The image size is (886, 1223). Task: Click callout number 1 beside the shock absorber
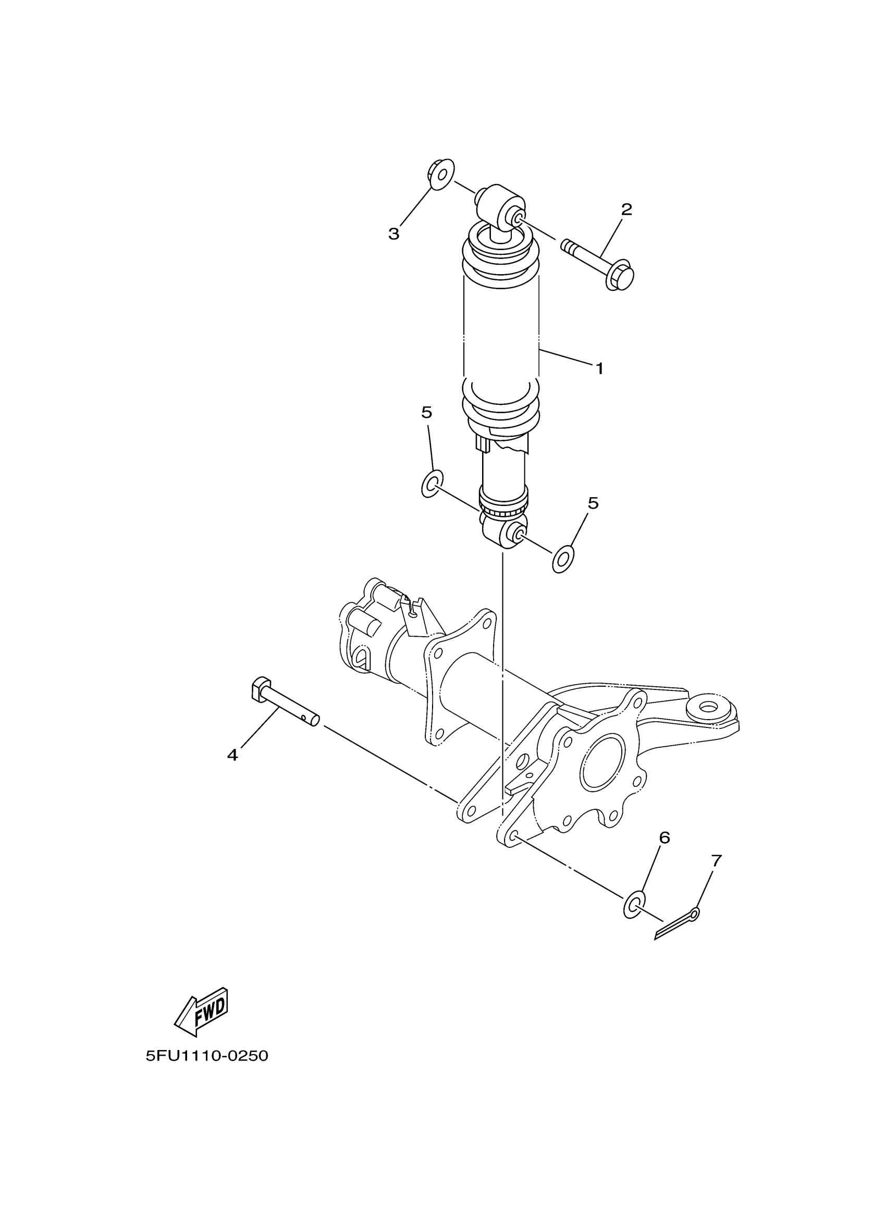point(599,369)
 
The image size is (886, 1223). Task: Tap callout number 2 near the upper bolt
point(626,210)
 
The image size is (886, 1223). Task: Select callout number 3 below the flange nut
point(394,234)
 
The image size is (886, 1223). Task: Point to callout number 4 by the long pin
point(232,756)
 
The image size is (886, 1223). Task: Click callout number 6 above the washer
point(664,837)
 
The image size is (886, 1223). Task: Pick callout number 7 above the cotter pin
point(716,861)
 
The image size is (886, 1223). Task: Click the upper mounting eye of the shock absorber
point(500,207)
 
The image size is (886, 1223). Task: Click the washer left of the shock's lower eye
point(432,483)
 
